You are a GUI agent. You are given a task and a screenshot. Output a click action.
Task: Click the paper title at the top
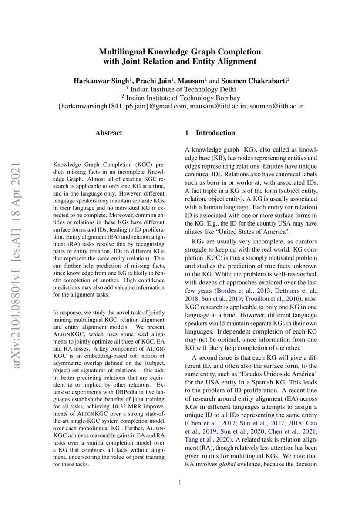tap(179, 57)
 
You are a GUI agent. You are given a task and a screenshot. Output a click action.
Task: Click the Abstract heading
tap(109, 133)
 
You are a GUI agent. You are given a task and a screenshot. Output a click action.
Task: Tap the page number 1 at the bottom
tap(180, 482)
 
